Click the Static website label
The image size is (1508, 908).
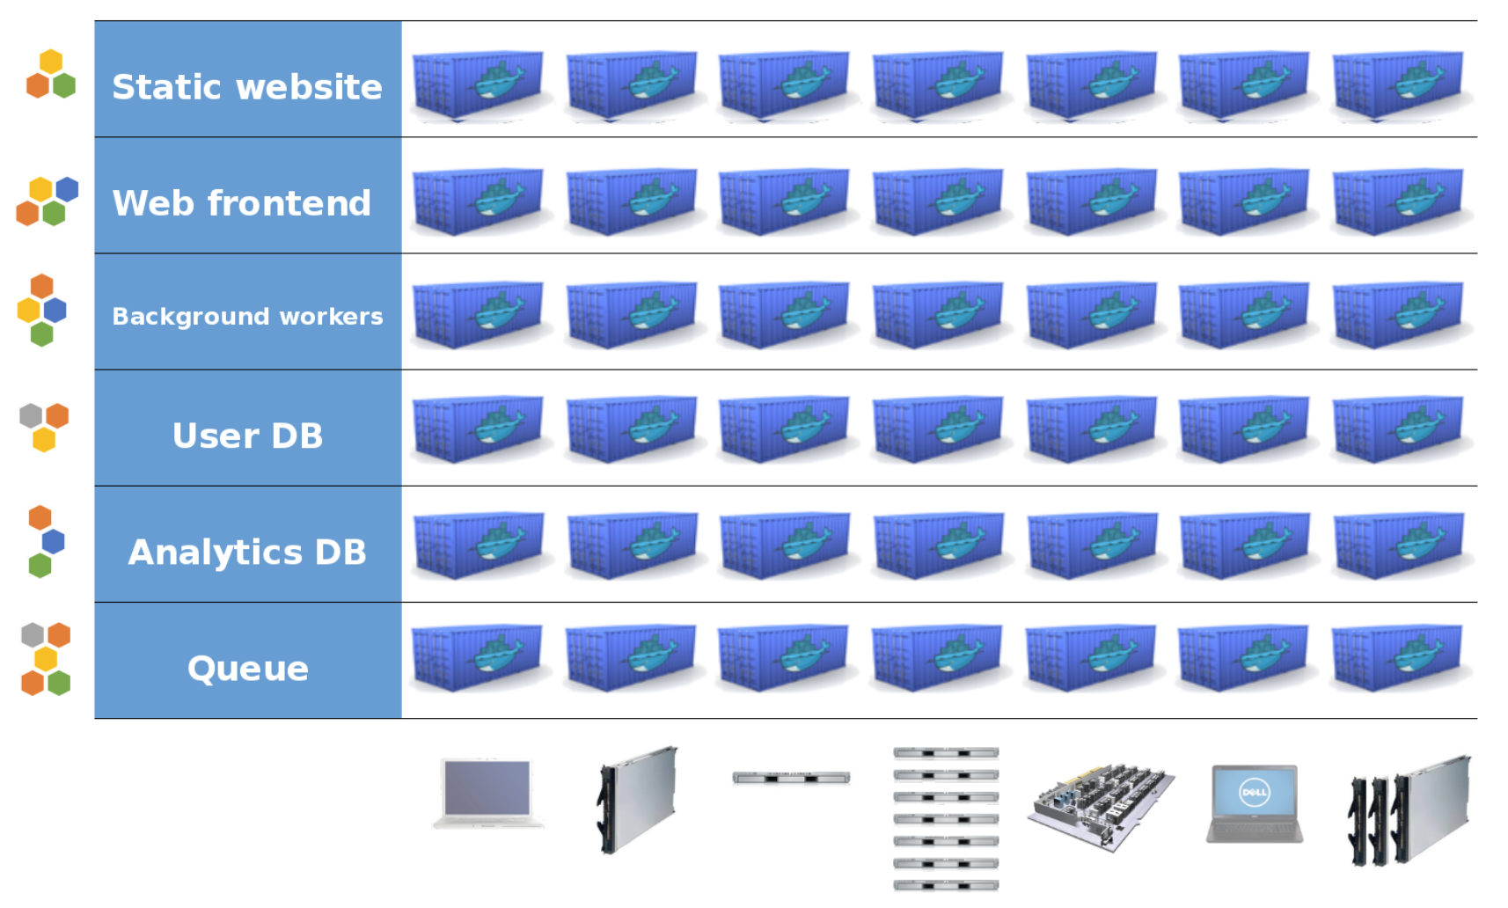pyautogui.click(x=247, y=87)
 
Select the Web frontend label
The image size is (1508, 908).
pyautogui.click(x=242, y=203)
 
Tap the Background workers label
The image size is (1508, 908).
pyautogui.click(x=247, y=316)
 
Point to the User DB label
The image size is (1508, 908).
pyautogui.click(x=247, y=436)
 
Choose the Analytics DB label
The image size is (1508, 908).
pyautogui.click(x=247, y=552)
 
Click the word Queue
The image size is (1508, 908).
pyautogui.click(x=247, y=669)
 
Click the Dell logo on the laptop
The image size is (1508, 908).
pyautogui.click(x=1254, y=792)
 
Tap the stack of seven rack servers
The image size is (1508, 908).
pyautogui.click(x=946, y=818)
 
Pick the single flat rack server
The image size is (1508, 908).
pyautogui.click(x=791, y=778)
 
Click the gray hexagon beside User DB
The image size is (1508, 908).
pyautogui.click(x=31, y=415)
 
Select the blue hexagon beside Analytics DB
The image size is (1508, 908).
pyautogui.click(x=54, y=541)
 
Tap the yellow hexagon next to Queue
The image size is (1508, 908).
pyautogui.click(x=45, y=659)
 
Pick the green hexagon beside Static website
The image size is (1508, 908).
pyautogui.click(x=63, y=85)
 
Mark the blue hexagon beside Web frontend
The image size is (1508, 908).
pyautogui.click(x=67, y=188)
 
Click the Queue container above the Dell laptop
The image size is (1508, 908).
pyautogui.click(x=1243, y=658)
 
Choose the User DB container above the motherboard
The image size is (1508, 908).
pyautogui.click(x=1091, y=428)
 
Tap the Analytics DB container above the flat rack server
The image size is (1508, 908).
pyautogui.click(x=784, y=546)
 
